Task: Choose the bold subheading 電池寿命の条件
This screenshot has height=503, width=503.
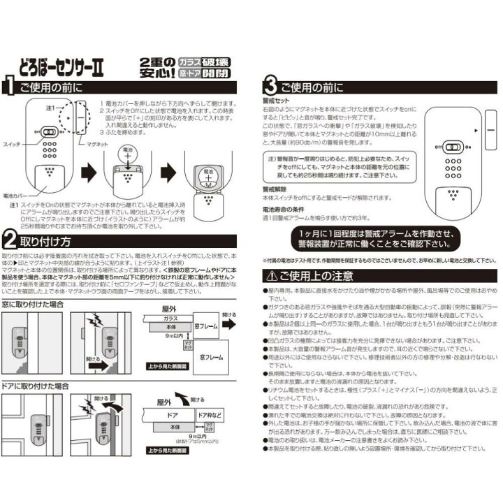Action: pyautogui.click(x=284, y=208)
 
